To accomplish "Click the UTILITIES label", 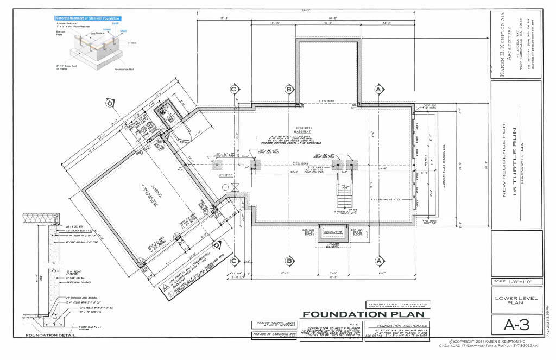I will [226, 176].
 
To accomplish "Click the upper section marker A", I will [379, 89].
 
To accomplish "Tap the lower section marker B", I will [289, 261].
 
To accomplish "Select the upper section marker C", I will [235, 89].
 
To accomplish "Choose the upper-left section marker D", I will [111, 102].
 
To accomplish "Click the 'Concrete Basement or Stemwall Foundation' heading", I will [88, 18].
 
